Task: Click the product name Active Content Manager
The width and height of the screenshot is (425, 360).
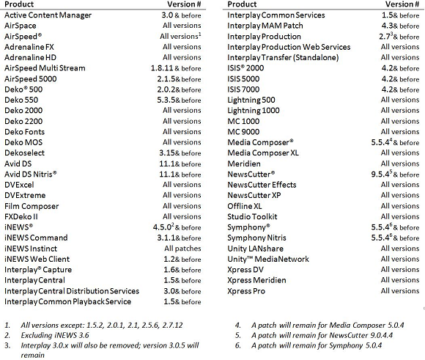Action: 48,15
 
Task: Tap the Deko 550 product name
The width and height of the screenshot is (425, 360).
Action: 21,100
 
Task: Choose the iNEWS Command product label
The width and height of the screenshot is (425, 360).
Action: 36,238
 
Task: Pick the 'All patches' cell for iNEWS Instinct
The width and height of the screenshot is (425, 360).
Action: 182,249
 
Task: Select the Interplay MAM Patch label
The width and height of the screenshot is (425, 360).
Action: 265,26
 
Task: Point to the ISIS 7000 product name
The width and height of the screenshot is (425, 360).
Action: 243,89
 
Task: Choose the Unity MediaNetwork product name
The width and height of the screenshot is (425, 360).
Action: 268,259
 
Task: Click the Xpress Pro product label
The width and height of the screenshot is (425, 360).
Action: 247,291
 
